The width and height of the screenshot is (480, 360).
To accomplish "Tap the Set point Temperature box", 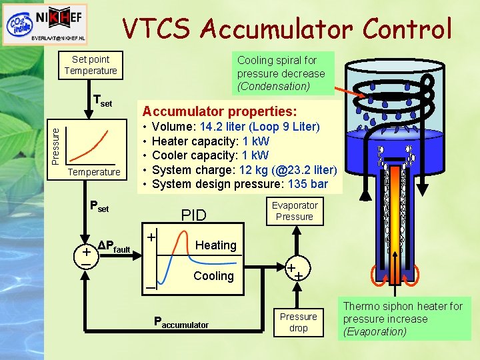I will [91, 65].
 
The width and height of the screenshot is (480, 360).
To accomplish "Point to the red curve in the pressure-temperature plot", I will [93, 143].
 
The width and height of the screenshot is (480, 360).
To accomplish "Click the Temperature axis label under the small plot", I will [94, 172].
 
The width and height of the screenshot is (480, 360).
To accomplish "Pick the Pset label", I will [99, 207].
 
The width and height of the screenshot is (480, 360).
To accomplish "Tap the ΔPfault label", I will [113, 249].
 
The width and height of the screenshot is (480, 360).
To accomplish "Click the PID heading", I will [194, 215].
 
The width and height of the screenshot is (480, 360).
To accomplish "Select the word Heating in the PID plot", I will [215, 245].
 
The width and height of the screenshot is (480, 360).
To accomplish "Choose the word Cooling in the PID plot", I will [213, 276].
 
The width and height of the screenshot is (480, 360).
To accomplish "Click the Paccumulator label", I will [181, 324].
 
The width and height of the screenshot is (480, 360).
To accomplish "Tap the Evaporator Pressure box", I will [294, 211].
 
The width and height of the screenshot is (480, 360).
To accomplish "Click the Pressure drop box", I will [298, 322].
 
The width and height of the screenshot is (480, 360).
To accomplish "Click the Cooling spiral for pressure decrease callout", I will [281, 73].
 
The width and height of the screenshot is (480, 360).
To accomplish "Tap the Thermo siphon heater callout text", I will [403, 319].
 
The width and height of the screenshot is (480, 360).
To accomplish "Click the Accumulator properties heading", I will [220, 110].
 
